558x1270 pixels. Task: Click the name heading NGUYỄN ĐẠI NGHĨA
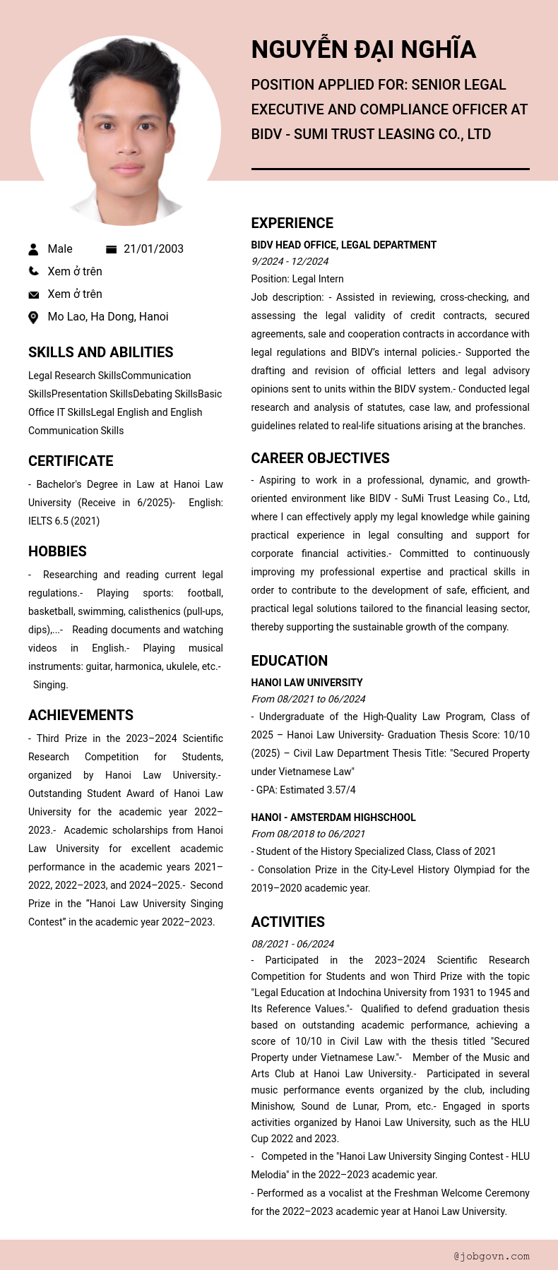[x=363, y=49]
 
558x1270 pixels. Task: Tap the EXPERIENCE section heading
[x=292, y=223]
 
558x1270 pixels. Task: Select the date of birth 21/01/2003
[x=153, y=249]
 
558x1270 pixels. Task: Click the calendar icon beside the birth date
[x=111, y=249]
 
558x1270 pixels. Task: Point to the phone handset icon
[x=33, y=271]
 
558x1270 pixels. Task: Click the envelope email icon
[x=33, y=294]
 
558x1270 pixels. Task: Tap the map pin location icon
[x=33, y=317]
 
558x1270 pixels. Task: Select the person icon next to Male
[x=33, y=249]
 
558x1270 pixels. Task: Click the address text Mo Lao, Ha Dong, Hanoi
[x=107, y=317]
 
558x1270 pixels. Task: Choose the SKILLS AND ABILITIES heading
[x=100, y=352]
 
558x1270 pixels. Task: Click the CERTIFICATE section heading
[x=71, y=461]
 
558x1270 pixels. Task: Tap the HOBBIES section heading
[x=57, y=551]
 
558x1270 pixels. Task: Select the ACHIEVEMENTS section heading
[x=81, y=715]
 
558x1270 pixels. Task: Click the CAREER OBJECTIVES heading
[x=320, y=458]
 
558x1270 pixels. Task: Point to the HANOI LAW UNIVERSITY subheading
[x=307, y=683]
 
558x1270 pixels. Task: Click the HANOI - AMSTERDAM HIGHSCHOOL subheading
[x=333, y=817]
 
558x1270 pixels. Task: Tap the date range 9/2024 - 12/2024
[x=290, y=261]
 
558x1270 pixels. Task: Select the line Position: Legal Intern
[x=297, y=279]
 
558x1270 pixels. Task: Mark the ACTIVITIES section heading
[x=287, y=922]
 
